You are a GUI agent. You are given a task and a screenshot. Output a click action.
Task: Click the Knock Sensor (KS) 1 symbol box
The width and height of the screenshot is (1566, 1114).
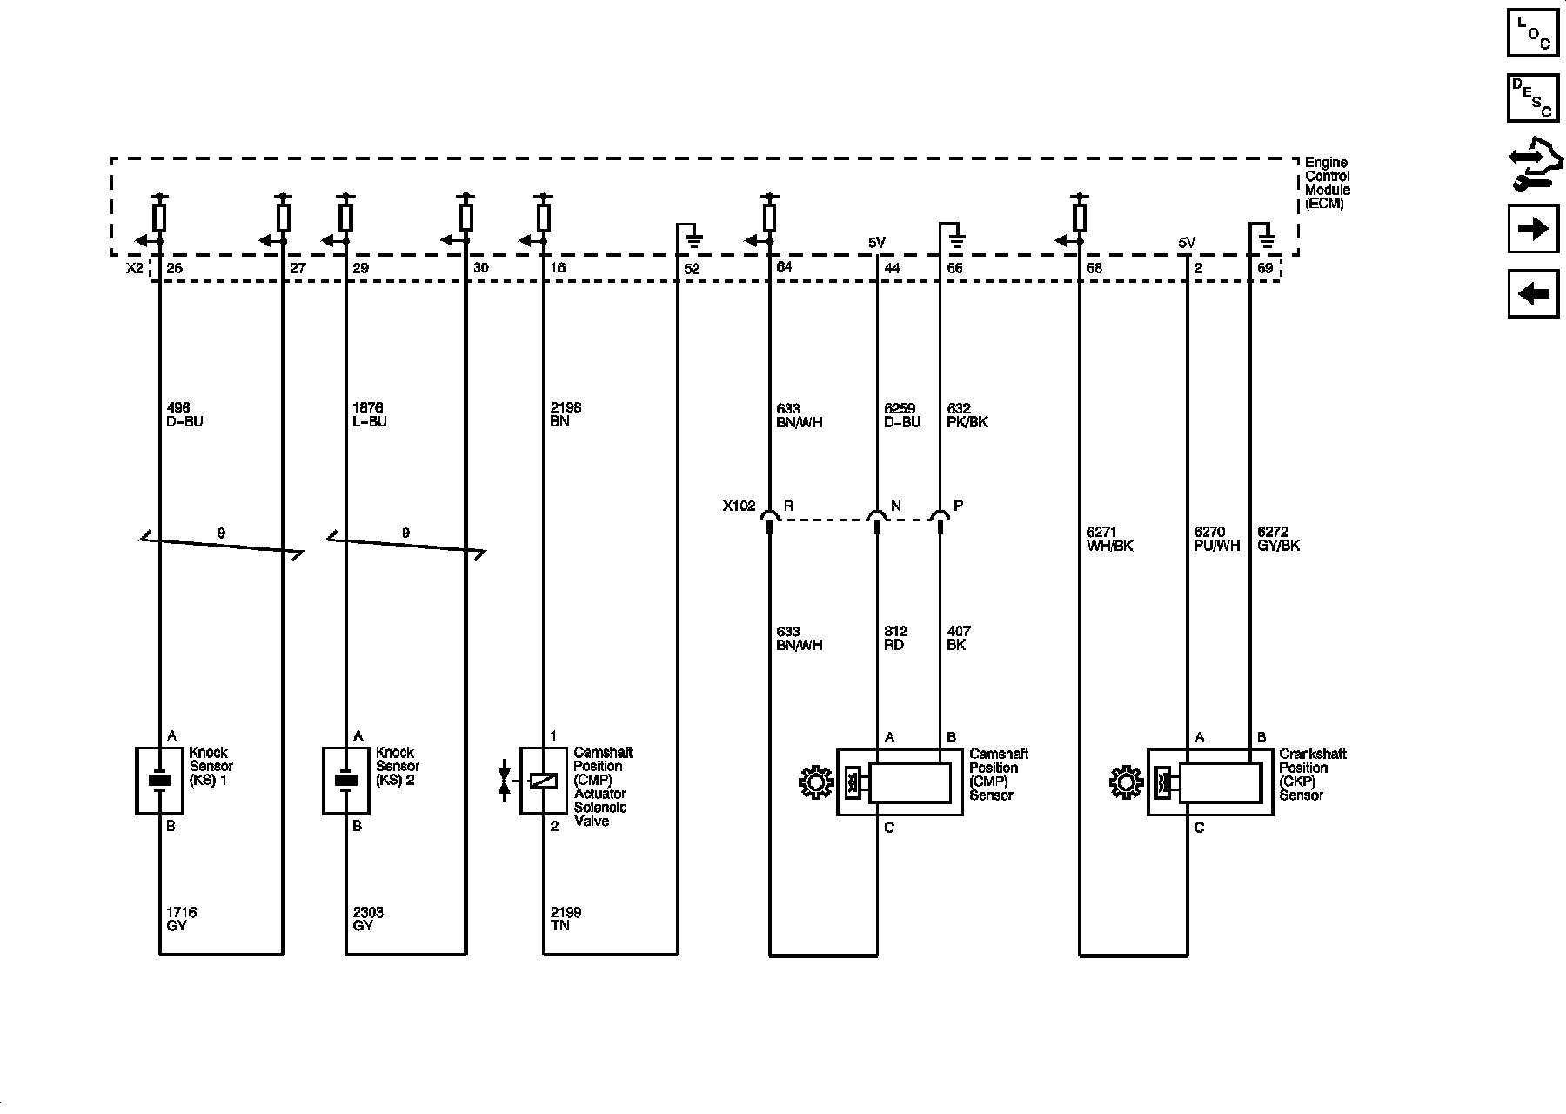tap(158, 781)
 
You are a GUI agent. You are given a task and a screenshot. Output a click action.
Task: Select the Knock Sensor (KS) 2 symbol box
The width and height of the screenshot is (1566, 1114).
tap(345, 781)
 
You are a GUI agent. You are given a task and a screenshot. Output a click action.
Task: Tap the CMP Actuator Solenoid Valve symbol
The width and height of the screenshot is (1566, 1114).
tap(543, 781)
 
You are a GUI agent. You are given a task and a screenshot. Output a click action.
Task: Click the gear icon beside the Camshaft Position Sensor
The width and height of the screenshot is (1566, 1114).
tap(815, 782)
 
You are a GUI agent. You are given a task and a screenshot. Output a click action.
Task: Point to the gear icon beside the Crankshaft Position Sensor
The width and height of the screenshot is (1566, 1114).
tap(1126, 782)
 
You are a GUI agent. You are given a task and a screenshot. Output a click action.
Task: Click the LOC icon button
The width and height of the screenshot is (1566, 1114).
tap(1532, 32)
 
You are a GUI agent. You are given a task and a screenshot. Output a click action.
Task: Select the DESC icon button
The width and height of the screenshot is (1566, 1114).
tap(1532, 97)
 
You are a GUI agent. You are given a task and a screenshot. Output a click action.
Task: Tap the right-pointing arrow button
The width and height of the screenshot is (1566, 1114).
tap(1532, 229)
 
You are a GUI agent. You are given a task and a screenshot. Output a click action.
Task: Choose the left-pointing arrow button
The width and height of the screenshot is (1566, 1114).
tap(1532, 294)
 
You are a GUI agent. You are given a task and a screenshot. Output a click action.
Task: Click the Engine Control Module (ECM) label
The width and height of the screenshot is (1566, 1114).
tap(1327, 184)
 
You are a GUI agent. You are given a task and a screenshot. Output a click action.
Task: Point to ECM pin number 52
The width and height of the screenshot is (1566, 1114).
tap(692, 269)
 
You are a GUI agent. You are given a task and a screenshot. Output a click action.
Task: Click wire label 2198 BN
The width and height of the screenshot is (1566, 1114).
tap(565, 414)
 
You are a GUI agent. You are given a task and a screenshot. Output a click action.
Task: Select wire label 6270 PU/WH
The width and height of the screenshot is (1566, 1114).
tap(1216, 540)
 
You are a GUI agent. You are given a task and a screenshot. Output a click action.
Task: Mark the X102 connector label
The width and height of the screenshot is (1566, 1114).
tap(739, 506)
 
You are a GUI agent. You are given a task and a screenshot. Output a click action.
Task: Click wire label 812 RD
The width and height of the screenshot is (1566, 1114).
tap(894, 638)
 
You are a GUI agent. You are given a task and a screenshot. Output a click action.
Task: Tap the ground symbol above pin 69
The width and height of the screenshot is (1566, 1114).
tap(1267, 237)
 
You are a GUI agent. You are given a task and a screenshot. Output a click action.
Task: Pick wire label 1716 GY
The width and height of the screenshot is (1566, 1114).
tap(181, 919)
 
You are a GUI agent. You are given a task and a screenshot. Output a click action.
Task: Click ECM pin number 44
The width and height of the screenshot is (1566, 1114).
tap(892, 269)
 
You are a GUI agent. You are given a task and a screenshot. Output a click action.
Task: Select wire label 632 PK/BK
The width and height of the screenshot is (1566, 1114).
tap(967, 415)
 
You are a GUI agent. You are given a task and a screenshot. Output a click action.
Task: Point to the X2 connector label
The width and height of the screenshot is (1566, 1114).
tap(134, 268)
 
